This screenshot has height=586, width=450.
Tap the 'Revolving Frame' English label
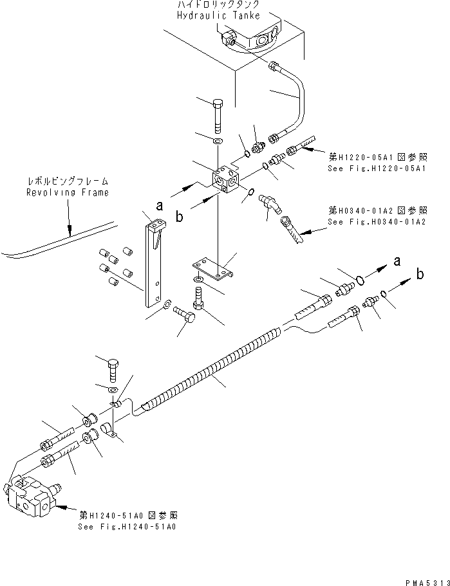coord(68,192)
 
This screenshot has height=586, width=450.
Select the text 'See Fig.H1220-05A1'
coord(369,168)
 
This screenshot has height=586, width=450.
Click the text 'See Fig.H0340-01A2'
coord(369,222)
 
